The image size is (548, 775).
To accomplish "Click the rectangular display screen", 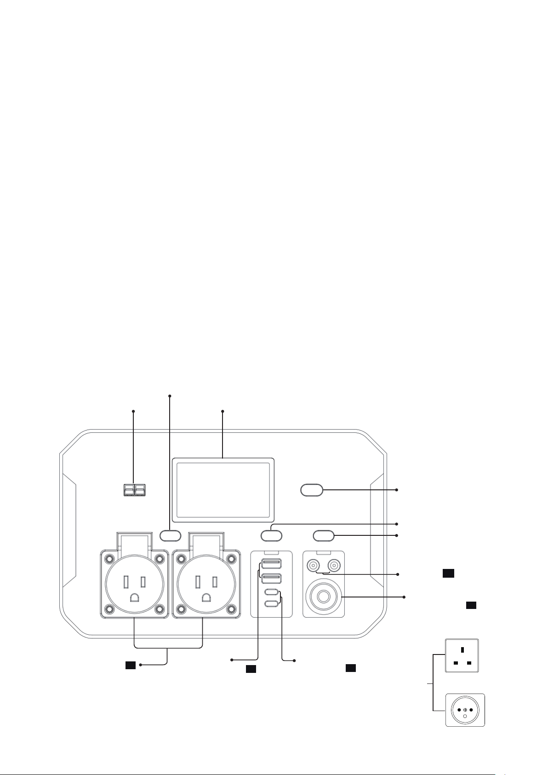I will [223, 488].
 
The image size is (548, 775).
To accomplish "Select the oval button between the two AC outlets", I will [170, 535].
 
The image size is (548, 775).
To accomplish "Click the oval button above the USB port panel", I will [271, 535].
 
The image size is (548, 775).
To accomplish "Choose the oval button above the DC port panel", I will [324, 535].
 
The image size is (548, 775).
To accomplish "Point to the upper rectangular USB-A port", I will [271, 564].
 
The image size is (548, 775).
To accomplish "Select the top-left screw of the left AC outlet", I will [109, 559].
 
